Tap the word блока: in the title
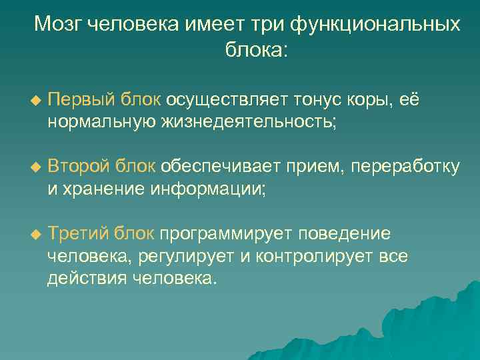tap(248, 51)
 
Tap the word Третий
tap(77, 233)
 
